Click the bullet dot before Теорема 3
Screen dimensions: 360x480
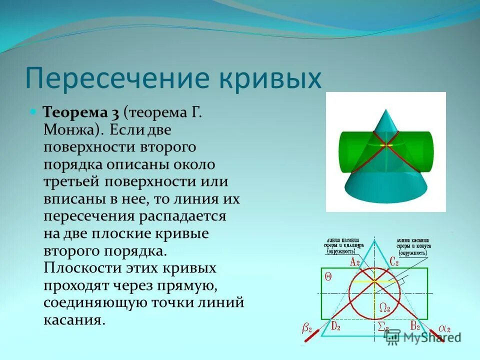pos(33,110)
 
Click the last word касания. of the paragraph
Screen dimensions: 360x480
pos(74,320)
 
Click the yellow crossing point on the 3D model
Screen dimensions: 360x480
pos(385,145)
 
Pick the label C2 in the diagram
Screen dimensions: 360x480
pos(393,260)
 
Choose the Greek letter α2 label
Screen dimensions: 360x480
pos(444,328)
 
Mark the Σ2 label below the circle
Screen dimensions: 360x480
pos(383,327)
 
